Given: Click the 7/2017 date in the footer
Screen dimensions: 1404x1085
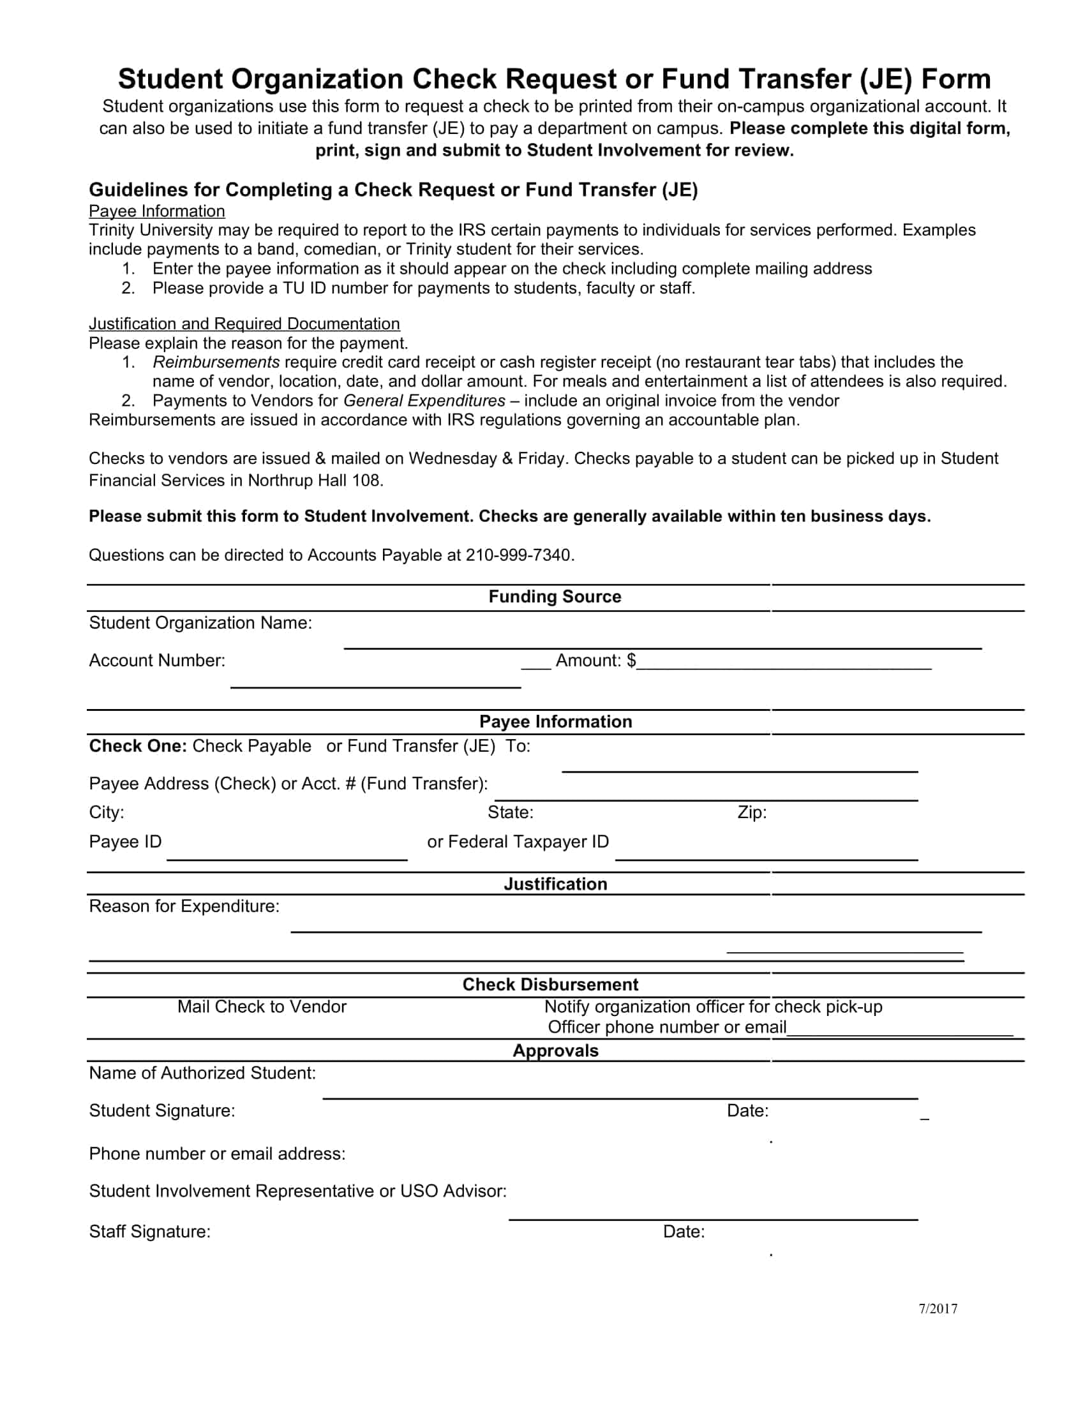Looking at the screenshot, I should pos(937,1309).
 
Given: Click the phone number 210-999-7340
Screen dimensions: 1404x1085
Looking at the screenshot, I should pos(519,555).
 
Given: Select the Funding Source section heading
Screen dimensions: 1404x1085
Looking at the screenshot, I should pos(555,597).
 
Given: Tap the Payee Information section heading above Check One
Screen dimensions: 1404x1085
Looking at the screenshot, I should pos(555,721).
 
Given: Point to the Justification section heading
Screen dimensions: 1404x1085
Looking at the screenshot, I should pos(555,884).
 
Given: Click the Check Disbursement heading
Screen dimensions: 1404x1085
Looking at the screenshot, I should pos(550,984).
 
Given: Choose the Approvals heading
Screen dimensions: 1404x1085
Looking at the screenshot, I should pos(555,1050).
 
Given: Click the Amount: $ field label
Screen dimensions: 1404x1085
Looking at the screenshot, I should pos(595,661).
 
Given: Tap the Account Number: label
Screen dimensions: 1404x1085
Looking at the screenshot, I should pos(157,661).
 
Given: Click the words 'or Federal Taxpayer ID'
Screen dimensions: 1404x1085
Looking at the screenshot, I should pos(518,842).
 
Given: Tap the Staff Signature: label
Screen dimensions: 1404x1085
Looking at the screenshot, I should pos(150,1231).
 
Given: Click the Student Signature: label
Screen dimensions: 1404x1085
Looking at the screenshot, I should pos(162,1110).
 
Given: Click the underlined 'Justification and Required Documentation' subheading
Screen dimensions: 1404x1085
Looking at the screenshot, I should pos(244,324).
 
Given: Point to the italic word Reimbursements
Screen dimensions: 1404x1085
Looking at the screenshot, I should pos(216,362).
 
